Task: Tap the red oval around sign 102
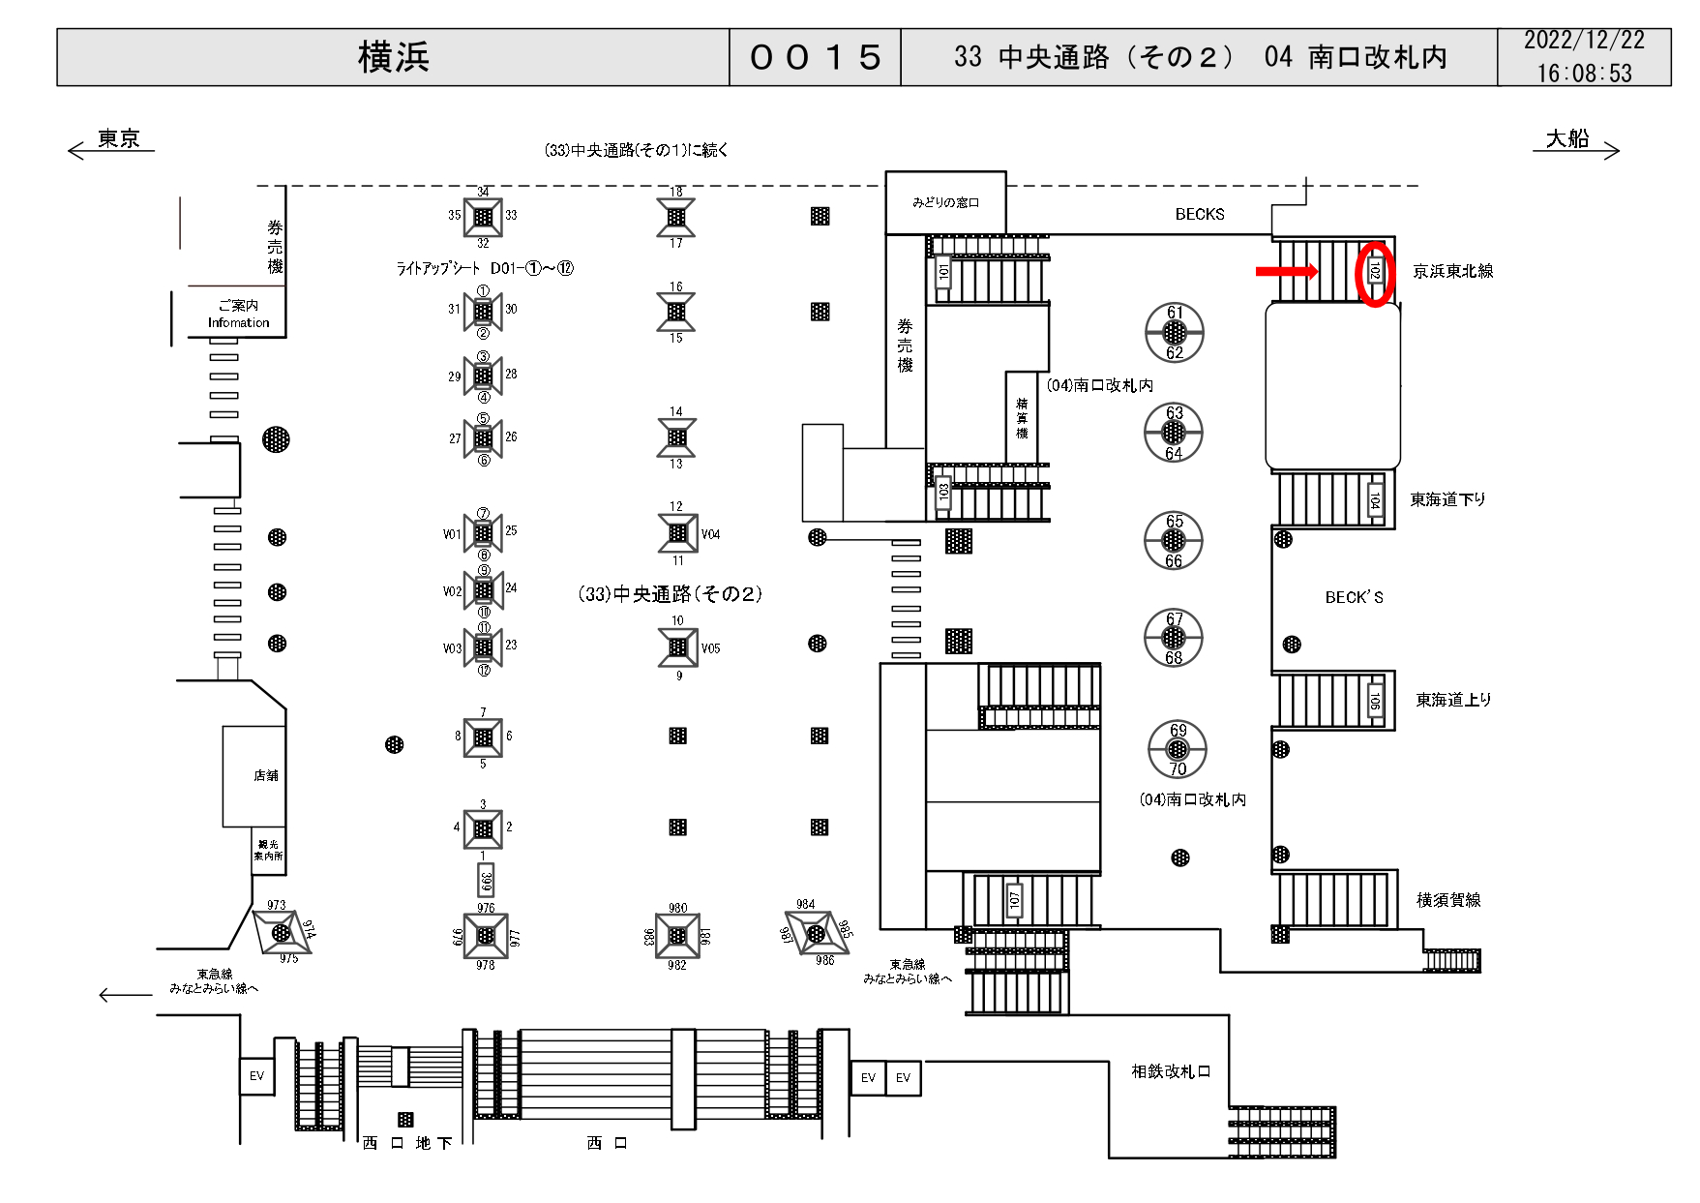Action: [1375, 274]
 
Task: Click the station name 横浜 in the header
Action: [393, 57]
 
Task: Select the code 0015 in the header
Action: [815, 57]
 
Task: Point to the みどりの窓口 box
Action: [945, 202]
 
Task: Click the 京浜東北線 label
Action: [1452, 272]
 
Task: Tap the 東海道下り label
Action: [1447, 499]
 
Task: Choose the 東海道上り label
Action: [1453, 700]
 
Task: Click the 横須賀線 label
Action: [1448, 900]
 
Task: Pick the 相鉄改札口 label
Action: [1171, 1071]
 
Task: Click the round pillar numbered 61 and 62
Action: [1175, 332]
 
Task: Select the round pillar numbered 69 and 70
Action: [1178, 750]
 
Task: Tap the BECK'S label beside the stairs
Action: [1354, 597]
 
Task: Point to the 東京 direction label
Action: [118, 139]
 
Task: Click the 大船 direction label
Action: [1567, 139]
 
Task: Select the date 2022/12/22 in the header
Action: [1584, 41]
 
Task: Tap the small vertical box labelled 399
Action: [486, 881]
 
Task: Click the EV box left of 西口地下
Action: [256, 1075]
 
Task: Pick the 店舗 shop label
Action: [265, 775]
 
